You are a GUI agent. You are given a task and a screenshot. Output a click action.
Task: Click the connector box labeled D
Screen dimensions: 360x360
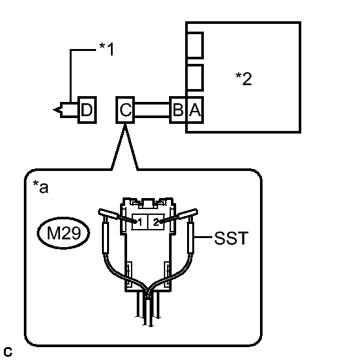click(87, 110)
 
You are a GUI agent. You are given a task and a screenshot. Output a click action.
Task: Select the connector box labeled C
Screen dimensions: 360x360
click(125, 110)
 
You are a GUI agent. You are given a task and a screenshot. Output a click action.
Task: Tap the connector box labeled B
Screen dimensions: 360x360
click(178, 110)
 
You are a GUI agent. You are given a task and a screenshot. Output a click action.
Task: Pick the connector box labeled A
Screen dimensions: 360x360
click(195, 110)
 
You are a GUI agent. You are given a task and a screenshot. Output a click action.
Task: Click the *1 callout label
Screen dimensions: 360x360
click(106, 49)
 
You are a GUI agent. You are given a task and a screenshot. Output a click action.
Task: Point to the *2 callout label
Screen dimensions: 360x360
click(244, 79)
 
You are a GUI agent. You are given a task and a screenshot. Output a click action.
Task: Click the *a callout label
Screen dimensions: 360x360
click(41, 187)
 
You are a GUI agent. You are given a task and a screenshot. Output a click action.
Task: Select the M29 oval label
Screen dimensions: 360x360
click(63, 233)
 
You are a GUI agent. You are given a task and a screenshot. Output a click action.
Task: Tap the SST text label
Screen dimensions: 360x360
click(231, 238)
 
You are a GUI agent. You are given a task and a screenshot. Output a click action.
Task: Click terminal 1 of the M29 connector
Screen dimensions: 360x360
click(140, 222)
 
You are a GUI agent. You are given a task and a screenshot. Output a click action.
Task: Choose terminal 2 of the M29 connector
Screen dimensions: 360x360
click(156, 222)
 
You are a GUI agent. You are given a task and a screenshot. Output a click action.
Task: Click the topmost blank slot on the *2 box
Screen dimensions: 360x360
click(195, 45)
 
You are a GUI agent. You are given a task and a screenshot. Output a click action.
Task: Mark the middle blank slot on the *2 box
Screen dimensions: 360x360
click(195, 77)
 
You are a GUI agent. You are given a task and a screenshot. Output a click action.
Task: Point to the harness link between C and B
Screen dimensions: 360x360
click(152, 110)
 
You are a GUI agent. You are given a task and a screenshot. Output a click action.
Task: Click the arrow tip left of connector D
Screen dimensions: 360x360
click(54, 110)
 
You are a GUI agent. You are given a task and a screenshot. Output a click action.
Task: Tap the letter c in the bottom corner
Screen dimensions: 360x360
click(8, 352)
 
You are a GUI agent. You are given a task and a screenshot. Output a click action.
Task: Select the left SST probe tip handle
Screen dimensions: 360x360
click(108, 214)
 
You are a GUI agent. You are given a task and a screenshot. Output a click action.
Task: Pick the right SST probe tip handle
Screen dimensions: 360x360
click(188, 214)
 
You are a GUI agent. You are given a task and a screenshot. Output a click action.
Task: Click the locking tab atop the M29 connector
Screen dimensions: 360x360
click(148, 203)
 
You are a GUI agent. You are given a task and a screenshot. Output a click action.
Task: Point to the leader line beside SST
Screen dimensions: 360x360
click(203, 237)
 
